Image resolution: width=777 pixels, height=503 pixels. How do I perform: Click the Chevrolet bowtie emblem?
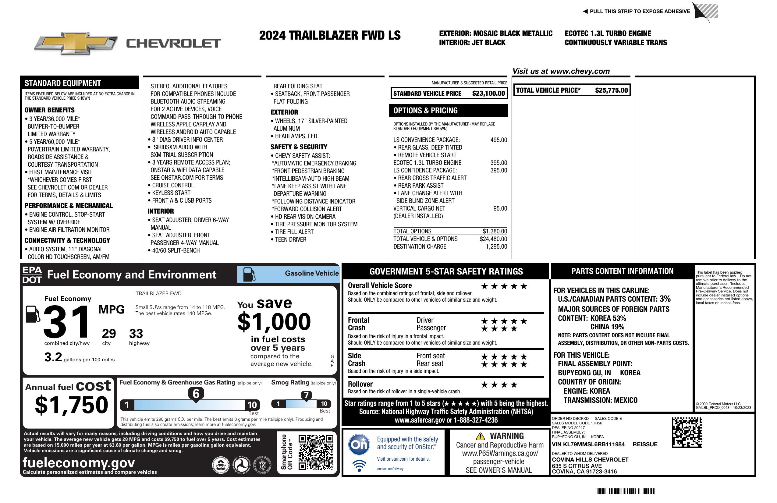point(76,43)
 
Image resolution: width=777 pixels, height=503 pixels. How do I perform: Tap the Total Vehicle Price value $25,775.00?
point(611,90)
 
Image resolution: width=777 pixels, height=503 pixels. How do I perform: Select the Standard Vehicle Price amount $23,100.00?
point(488,94)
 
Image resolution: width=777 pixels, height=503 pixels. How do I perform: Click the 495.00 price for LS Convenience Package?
point(498,140)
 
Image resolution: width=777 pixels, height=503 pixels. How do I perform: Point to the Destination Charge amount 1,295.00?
point(496,247)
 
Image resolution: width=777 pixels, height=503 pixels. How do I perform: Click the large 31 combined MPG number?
point(67,322)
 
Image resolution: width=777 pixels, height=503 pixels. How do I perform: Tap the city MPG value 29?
point(109,334)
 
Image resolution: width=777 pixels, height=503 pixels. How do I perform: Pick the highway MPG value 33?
point(136,334)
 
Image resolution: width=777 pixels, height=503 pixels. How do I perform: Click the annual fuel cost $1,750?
point(72,405)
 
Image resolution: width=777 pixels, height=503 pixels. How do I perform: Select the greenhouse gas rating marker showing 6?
point(196,394)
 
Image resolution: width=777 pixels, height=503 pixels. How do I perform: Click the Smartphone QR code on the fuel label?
point(316,452)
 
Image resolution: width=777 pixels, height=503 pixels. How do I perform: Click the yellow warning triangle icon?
point(480,436)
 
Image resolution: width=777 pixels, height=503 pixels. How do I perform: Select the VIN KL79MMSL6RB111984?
point(588,445)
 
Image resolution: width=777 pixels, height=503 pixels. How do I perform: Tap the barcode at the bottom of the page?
point(625,491)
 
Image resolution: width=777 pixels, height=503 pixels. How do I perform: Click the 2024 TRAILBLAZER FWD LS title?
point(330,35)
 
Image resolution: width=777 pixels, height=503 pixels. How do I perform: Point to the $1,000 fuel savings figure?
point(274,322)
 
